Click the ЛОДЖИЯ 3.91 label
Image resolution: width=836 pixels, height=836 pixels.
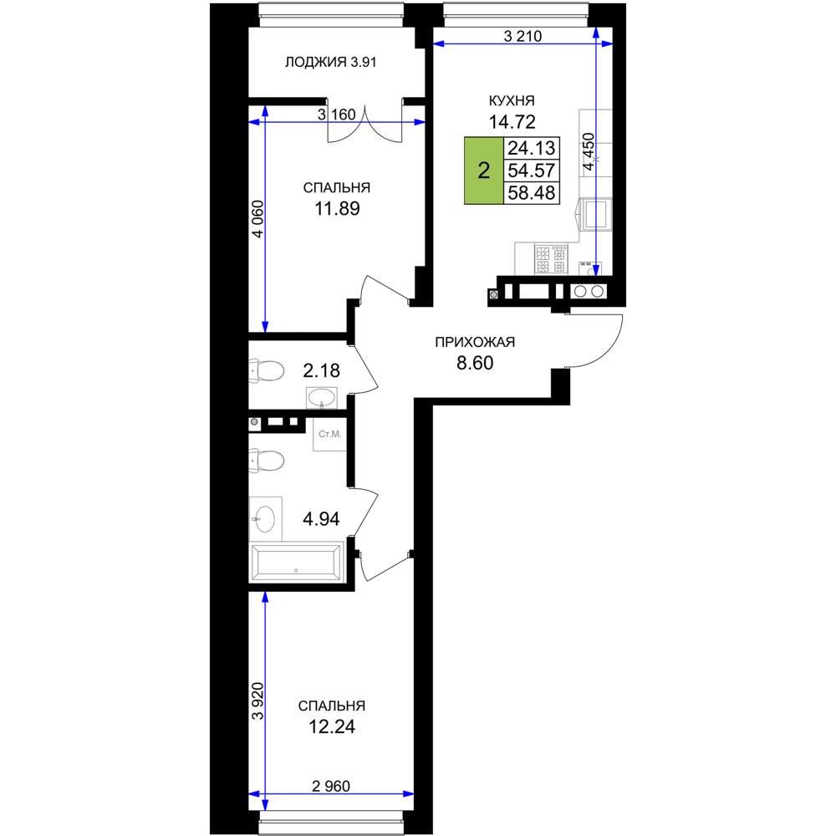click(330, 63)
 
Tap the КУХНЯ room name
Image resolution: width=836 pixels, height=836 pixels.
click(512, 101)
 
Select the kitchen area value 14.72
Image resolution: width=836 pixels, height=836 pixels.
click(512, 122)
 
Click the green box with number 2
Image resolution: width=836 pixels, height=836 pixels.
click(484, 171)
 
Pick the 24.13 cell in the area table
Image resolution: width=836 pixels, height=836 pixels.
click(532, 148)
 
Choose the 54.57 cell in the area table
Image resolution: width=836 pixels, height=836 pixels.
click(532, 171)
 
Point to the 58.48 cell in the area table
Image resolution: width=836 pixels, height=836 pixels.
click(532, 192)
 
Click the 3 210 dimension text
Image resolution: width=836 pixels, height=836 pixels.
click(522, 36)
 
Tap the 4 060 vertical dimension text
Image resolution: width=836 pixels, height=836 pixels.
click(257, 218)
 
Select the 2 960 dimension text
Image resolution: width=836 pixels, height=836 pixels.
click(331, 786)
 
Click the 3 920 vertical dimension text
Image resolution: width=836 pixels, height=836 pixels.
click(257, 701)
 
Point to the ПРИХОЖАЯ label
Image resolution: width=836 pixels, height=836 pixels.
click(475, 342)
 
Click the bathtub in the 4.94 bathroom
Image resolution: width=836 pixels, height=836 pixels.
click(297, 562)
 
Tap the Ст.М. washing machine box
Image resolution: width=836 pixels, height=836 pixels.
click(329, 435)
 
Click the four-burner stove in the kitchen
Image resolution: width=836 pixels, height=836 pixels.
click(551, 259)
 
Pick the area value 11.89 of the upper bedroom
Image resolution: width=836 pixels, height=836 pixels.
click(337, 208)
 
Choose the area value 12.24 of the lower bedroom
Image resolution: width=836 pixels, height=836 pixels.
click(332, 726)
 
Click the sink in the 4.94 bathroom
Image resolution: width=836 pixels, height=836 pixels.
click(265, 519)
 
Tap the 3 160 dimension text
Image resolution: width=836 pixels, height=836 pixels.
click(336, 115)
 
